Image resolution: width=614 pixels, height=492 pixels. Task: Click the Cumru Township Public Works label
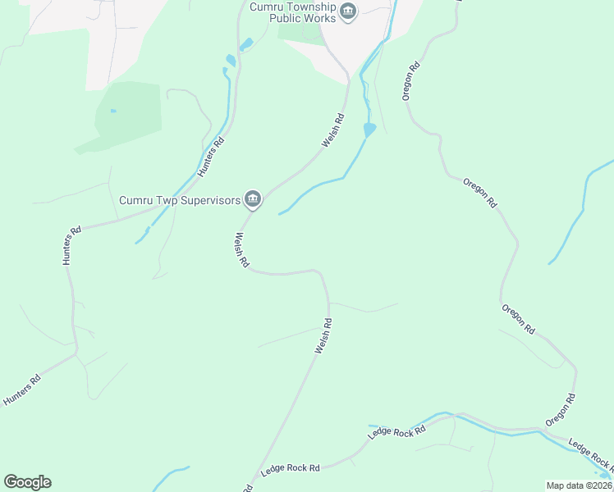(292, 12)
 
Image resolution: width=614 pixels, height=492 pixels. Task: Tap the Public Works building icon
(348, 11)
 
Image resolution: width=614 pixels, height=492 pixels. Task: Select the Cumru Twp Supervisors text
(180, 199)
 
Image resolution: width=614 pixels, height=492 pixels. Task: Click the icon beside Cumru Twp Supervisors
(253, 199)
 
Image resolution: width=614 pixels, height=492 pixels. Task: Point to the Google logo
(27, 482)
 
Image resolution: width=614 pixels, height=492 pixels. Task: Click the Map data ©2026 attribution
(579, 485)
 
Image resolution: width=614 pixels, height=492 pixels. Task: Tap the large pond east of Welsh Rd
(369, 130)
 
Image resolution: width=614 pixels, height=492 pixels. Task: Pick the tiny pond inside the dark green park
(112, 111)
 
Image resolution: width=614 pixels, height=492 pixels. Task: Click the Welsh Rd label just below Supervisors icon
(241, 251)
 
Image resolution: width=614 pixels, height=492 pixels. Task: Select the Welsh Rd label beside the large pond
(332, 131)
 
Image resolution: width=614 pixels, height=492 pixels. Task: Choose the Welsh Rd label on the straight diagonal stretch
(323, 336)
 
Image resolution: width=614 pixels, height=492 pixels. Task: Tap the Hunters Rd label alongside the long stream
(211, 157)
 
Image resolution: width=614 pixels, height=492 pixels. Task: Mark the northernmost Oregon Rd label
(411, 81)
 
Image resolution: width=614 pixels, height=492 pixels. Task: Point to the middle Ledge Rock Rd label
(396, 431)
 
